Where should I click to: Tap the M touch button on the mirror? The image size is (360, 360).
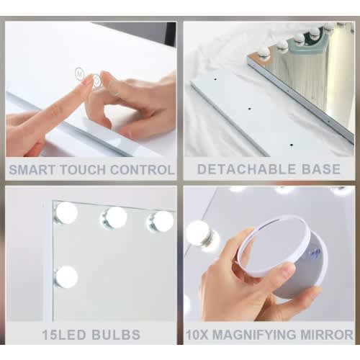tap(78, 72)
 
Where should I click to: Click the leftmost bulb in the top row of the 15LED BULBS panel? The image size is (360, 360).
tap(66, 212)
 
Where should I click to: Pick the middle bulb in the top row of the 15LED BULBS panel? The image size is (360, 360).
tap(114, 217)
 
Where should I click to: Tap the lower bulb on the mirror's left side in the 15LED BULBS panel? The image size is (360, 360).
tap(66, 276)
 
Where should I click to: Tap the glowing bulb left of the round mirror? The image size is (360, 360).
tap(198, 233)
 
